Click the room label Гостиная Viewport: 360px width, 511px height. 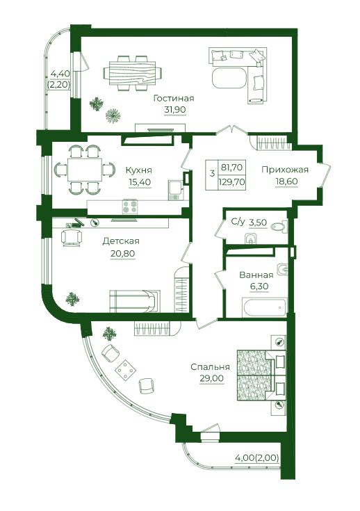point(174,99)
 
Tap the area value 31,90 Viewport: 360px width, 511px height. point(175,110)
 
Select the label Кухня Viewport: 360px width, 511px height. point(139,170)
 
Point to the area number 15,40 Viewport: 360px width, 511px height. point(140,182)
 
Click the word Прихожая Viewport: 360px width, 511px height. point(285,170)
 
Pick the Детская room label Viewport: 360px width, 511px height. point(121,241)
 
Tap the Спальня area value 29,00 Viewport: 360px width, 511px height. point(212,378)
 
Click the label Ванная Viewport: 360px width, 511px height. point(256,275)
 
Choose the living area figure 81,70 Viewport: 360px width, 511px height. point(231,168)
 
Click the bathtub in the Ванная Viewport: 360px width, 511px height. point(265,307)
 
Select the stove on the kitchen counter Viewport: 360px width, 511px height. point(130,206)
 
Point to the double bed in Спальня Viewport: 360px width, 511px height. point(261,375)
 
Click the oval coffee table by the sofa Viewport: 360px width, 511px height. point(229,78)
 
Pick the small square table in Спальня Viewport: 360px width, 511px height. point(125,370)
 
